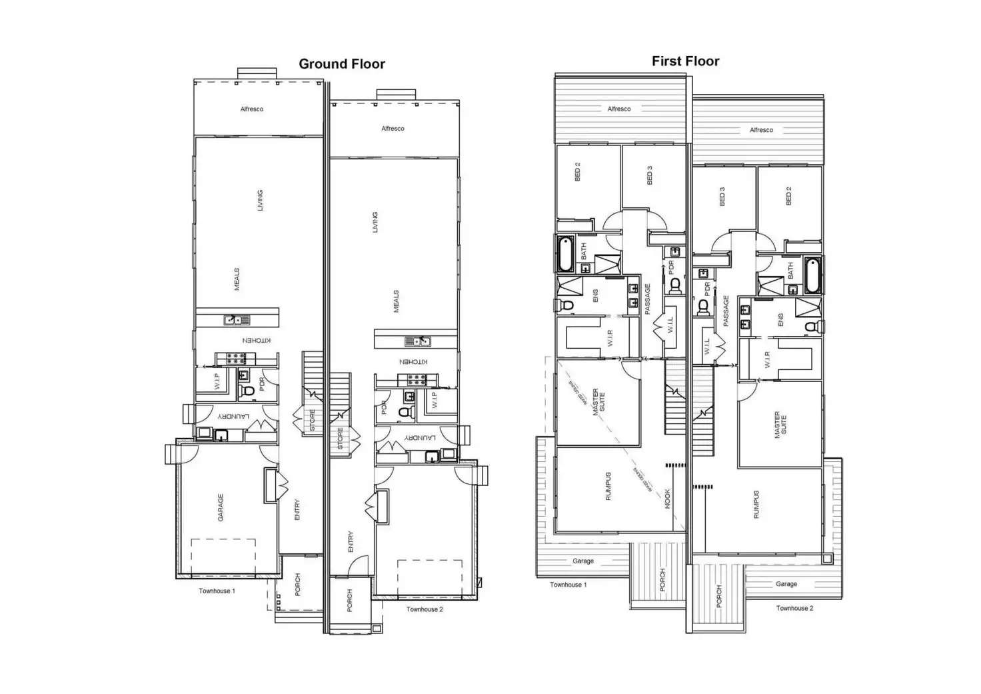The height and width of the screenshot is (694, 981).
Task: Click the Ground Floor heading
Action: (341, 64)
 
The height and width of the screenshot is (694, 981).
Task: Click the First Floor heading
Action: (685, 61)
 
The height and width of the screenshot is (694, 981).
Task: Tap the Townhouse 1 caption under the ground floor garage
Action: (217, 591)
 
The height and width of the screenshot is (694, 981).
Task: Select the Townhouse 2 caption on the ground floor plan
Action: (425, 609)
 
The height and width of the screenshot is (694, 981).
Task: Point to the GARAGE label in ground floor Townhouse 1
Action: (221, 507)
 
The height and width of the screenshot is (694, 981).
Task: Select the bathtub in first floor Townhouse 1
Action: (566, 254)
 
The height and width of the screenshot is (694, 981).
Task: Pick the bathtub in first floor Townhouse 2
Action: (812, 275)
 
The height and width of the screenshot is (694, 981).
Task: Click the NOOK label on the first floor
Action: (668, 499)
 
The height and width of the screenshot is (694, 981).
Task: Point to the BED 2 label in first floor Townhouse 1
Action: (577, 172)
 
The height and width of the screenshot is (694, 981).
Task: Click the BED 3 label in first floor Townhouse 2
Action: (722, 195)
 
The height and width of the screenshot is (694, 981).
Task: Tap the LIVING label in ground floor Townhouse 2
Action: (375, 222)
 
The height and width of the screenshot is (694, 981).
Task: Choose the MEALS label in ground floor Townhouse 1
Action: (237, 279)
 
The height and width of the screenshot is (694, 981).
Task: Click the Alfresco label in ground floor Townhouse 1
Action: (252, 109)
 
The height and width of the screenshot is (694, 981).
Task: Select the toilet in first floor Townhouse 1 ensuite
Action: (566, 305)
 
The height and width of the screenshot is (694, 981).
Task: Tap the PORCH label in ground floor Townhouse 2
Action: (349, 600)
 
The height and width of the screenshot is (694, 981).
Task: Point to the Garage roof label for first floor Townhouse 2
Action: (786, 584)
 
